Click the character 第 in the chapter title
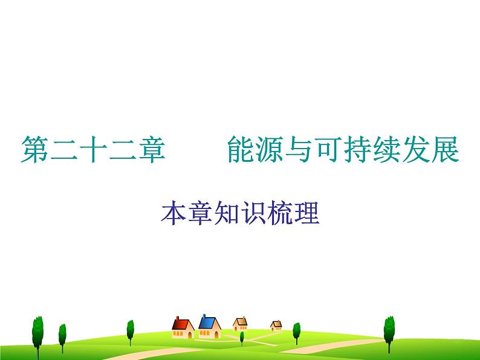[x=34, y=150]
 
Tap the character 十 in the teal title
[x=93, y=150]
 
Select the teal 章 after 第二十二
[x=152, y=150]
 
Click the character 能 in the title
[x=240, y=150]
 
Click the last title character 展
[x=446, y=150]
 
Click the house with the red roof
[x=183, y=327]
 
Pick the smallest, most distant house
[x=276, y=326]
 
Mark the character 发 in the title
[x=417, y=150]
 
